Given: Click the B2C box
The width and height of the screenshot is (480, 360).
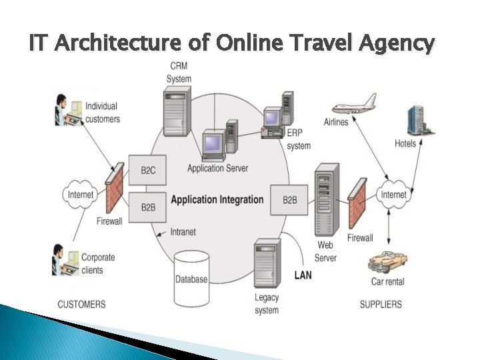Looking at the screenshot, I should [x=148, y=171].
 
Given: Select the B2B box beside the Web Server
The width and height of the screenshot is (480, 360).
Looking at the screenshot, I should [x=290, y=200].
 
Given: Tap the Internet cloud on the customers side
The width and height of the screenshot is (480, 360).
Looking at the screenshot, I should [x=81, y=195].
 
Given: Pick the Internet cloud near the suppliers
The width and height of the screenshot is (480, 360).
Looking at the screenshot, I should [x=393, y=195].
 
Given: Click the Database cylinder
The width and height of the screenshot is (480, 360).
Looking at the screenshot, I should [x=191, y=276].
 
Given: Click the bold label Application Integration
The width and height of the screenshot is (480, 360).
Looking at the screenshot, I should [x=217, y=200].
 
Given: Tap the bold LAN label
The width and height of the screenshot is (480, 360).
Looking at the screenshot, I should [x=303, y=275].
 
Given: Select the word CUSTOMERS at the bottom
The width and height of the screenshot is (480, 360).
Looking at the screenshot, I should [x=81, y=305].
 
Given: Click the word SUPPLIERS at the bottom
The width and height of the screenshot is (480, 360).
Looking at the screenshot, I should [x=381, y=305].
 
